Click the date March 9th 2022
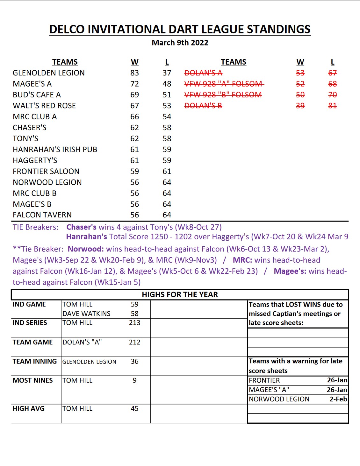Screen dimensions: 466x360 180,43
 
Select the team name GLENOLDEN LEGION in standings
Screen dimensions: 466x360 49,73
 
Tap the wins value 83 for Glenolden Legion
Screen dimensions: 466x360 134,73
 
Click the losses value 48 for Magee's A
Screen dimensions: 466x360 167,84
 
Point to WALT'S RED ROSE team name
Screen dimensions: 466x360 44,106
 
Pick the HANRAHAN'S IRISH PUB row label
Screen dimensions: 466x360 55,149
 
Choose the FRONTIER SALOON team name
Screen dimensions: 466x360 46,171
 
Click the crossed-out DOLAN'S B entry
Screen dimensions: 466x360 203,106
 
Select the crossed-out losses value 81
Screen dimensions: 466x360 332,106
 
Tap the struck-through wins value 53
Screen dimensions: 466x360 300,73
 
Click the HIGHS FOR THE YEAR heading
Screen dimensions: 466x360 180,294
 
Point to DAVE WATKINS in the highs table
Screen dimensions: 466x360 86,314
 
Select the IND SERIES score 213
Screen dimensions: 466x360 134,323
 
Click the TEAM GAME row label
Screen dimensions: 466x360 32,342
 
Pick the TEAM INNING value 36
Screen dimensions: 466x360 134,361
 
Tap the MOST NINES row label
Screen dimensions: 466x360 32,380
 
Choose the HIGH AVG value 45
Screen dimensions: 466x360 134,408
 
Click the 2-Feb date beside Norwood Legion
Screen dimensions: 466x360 338,399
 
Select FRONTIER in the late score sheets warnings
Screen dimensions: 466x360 264,380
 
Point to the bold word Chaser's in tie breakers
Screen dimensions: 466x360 81,227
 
